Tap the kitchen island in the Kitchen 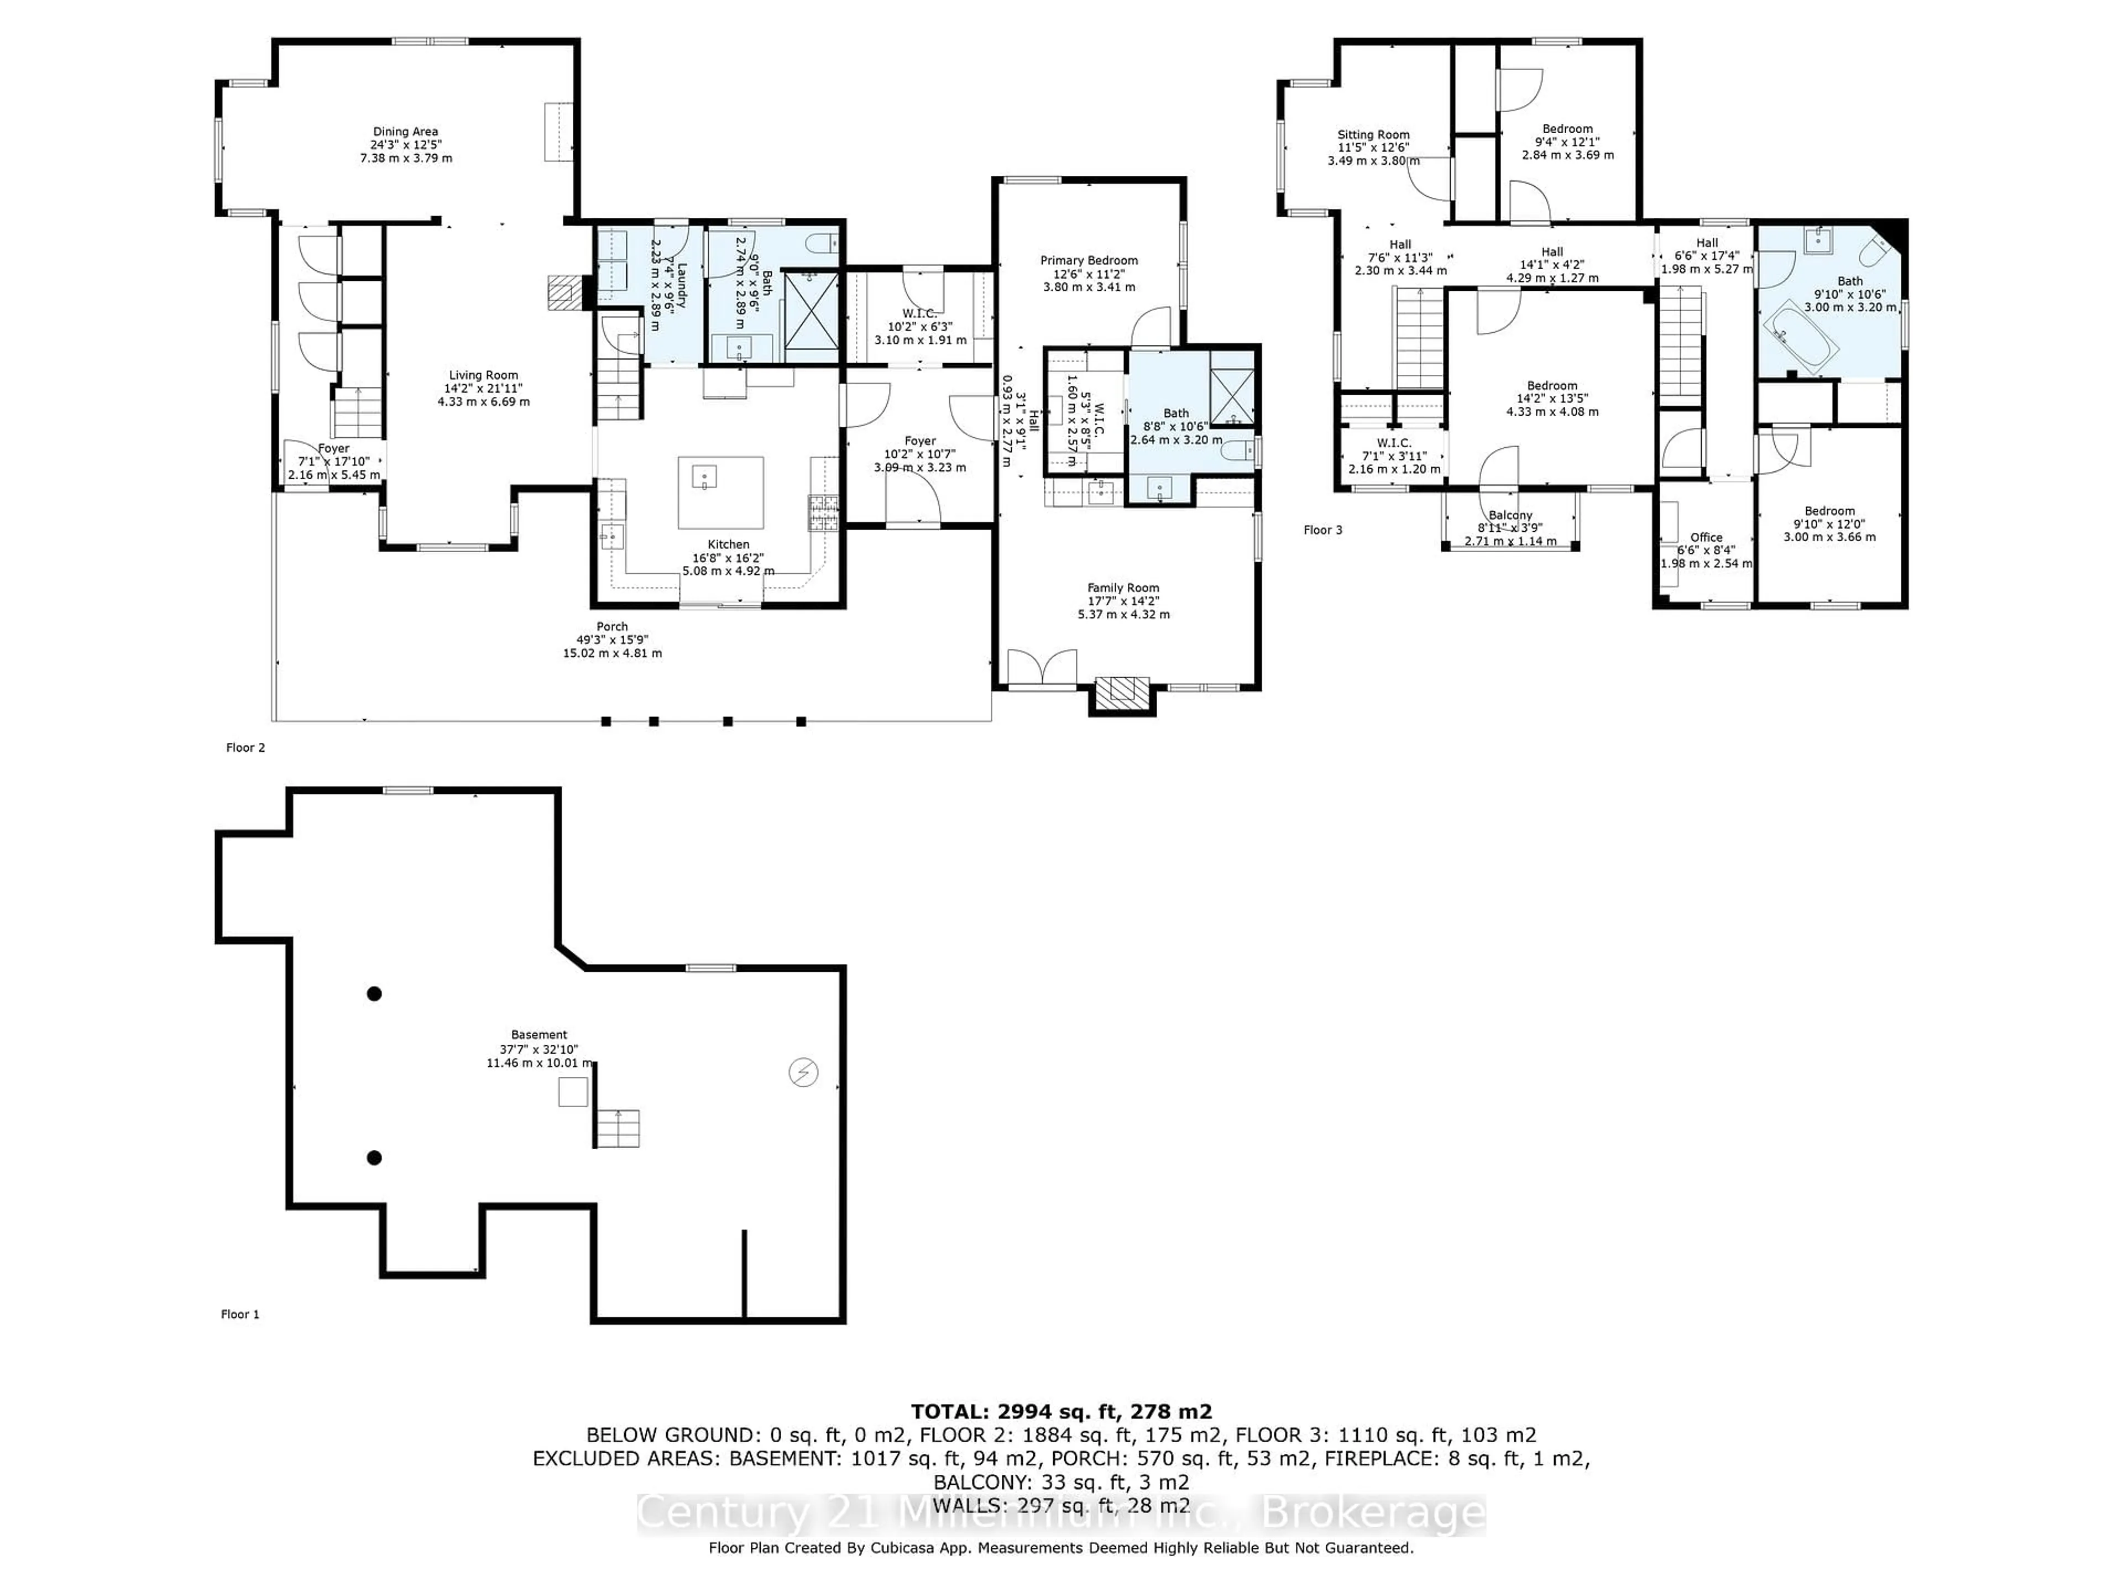[x=721, y=493]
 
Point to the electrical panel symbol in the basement [x=803, y=1072]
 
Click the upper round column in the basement [x=374, y=994]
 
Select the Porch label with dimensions [x=613, y=639]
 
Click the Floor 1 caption [x=240, y=1315]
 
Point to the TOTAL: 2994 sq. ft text [x=1060, y=1412]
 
